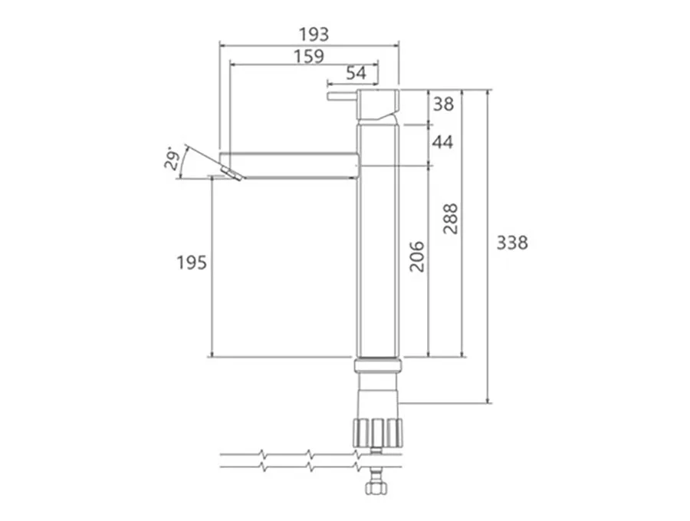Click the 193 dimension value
pos(314,35)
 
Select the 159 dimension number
pos(309,56)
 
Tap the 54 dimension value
pos(356,73)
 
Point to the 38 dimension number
pos(443,104)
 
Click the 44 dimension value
pos(442,142)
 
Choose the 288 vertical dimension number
pos(451,219)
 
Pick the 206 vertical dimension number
pos(417,256)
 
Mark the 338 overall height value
pos(512,242)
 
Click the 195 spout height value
pos(192,262)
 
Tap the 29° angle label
pos(172,160)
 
